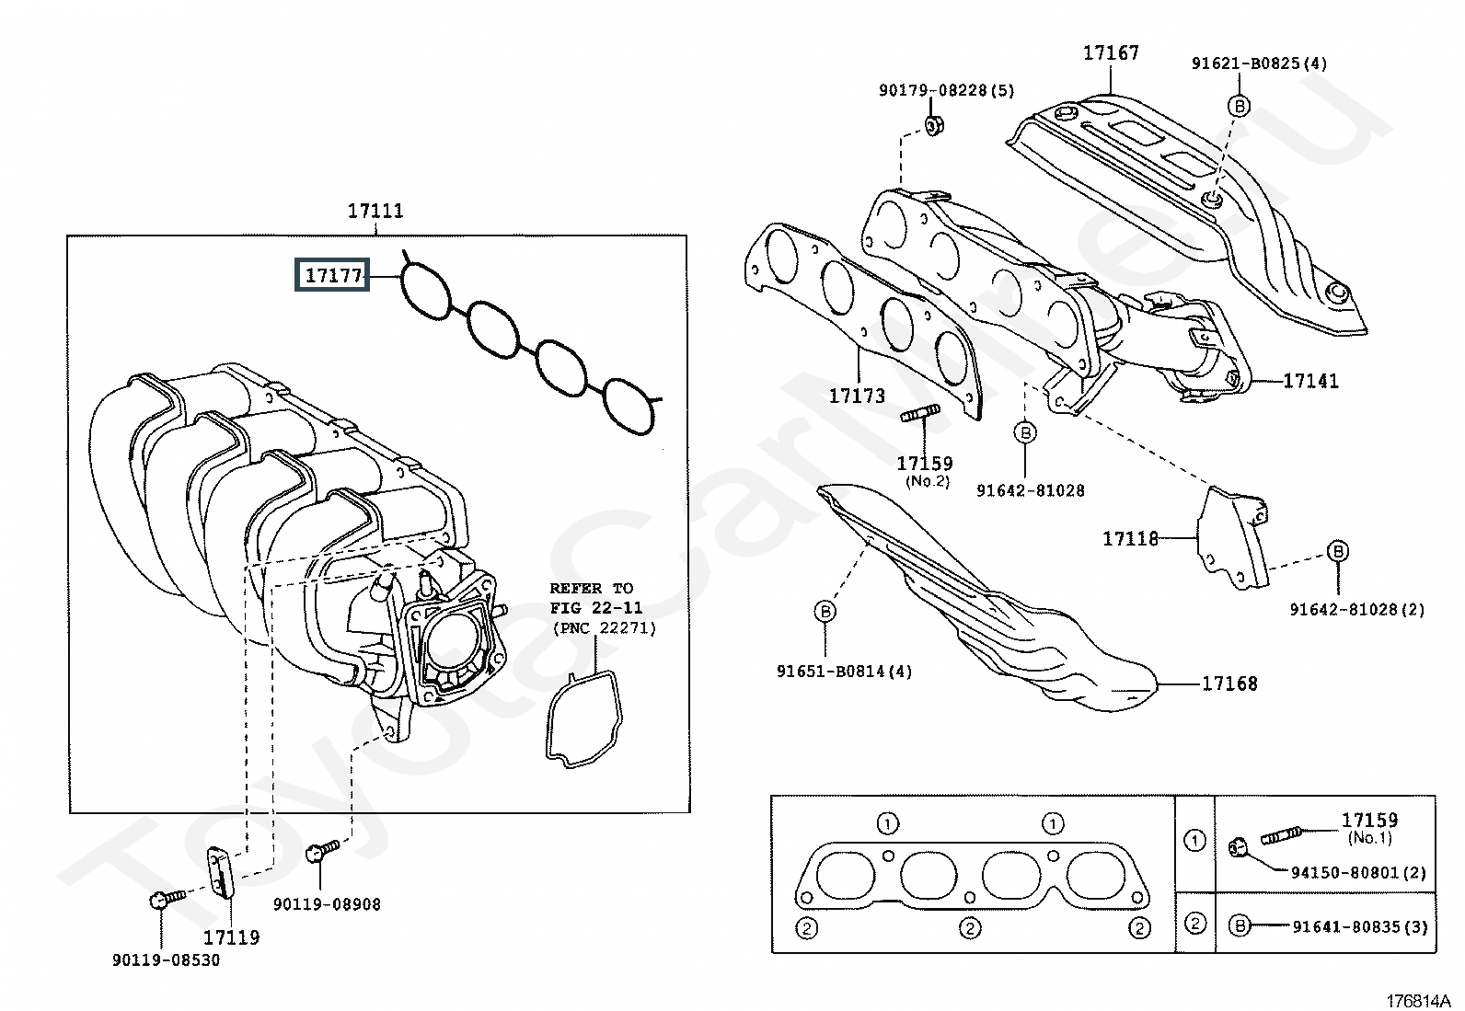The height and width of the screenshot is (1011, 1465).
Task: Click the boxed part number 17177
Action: (x=332, y=275)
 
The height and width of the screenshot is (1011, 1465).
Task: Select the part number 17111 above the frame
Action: (x=375, y=211)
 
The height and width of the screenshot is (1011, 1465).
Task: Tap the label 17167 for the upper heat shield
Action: (x=1111, y=52)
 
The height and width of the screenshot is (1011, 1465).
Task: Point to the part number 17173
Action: (x=857, y=396)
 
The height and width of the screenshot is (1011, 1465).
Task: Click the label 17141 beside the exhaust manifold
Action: (x=1310, y=380)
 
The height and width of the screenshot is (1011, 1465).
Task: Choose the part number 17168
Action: (x=1229, y=684)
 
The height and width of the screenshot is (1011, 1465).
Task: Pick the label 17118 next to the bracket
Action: (x=1131, y=538)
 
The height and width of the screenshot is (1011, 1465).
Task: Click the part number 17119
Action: (x=231, y=937)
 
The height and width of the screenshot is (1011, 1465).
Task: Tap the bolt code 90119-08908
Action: (x=327, y=904)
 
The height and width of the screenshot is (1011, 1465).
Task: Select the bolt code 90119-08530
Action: (x=167, y=960)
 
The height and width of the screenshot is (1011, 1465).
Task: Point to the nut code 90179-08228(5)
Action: (x=946, y=90)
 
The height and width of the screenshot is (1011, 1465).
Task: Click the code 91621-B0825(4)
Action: (x=1259, y=63)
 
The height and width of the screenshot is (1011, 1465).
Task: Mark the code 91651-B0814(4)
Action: (x=844, y=672)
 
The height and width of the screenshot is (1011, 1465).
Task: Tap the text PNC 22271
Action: (x=605, y=628)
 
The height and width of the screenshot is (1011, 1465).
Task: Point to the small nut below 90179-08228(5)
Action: (x=932, y=126)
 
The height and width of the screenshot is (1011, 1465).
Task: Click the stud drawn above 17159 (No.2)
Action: (x=920, y=415)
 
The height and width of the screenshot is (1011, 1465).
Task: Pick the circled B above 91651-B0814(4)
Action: (x=825, y=612)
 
